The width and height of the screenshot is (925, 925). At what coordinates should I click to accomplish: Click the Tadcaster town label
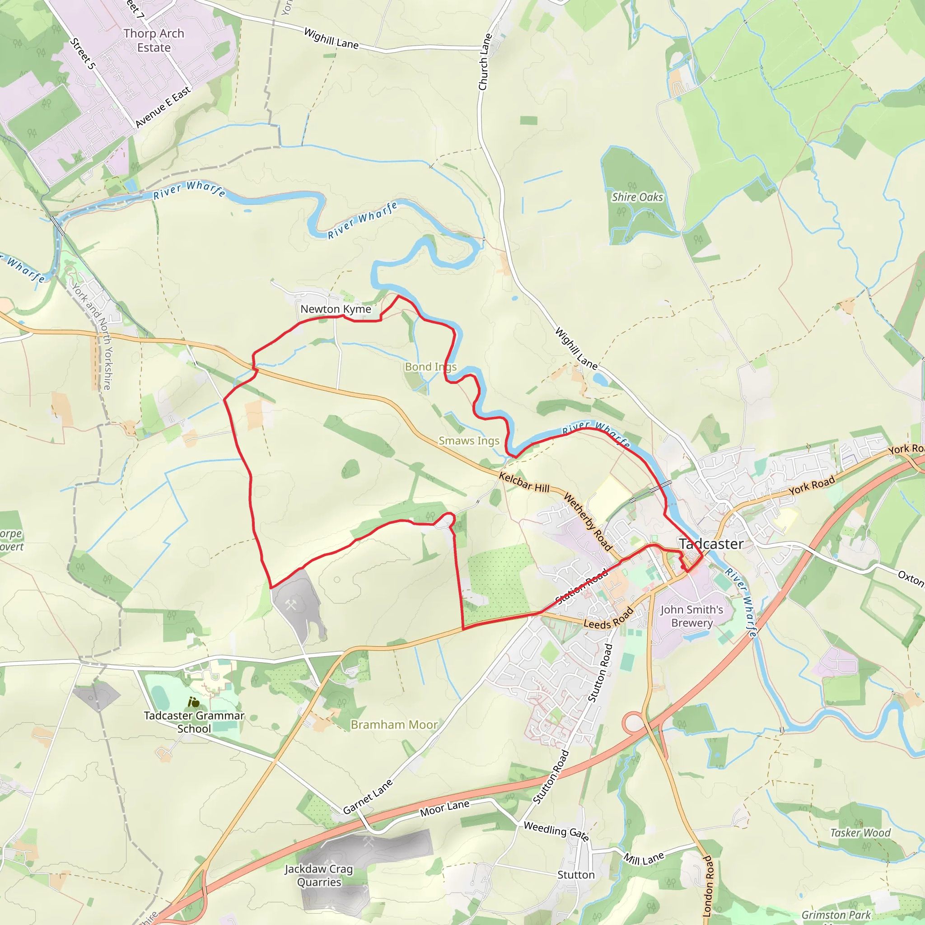pyautogui.click(x=711, y=544)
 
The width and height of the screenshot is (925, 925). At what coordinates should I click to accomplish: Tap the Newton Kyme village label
pyautogui.click(x=336, y=309)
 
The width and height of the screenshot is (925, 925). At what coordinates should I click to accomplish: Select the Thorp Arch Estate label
pyautogui.click(x=154, y=41)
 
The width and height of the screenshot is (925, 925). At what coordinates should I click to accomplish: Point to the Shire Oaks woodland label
pyautogui.click(x=637, y=197)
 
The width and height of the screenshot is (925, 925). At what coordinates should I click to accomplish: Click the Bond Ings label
pyautogui.click(x=430, y=367)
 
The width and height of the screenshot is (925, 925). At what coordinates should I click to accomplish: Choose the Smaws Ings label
pyautogui.click(x=469, y=441)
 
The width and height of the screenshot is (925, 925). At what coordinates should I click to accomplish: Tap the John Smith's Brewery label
pyautogui.click(x=691, y=616)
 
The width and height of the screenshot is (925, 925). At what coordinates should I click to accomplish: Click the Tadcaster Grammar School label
pyautogui.click(x=194, y=722)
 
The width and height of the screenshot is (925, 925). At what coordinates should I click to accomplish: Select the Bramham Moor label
pyautogui.click(x=394, y=725)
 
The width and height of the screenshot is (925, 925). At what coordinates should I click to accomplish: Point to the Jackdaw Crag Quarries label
pyautogui.click(x=319, y=875)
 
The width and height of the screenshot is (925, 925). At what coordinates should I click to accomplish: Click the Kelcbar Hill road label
pyautogui.click(x=524, y=482)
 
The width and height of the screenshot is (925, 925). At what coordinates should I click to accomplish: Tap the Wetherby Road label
pyautogui.click(x=588, y=522)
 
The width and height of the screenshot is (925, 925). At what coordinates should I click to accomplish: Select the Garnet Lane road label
pyautogui.click(x=368, y=797)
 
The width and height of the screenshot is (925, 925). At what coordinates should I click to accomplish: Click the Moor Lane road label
pyautogui.click(x=444, y=808)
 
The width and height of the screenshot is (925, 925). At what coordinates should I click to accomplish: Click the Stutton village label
pyautogui.click(x=576, y=875)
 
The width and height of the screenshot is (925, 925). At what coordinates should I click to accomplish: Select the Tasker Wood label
pyautogui.click(x=860, y=833)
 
